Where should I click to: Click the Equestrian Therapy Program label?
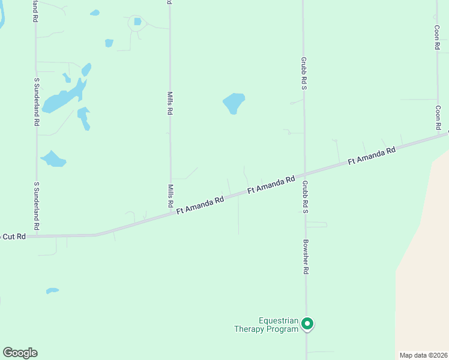(266, 325)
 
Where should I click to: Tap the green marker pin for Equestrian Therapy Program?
(307, 324)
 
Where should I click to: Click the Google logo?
(20, 353)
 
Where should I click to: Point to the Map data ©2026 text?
(423, 355)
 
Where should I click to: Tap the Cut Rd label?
(13, 236)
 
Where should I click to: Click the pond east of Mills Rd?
(234, 103)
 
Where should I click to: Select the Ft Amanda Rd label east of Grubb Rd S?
(372, 157)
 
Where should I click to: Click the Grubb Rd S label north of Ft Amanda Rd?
(304, 74)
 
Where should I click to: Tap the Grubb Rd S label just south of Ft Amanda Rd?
(305, 197)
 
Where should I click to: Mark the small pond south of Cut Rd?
(52, 291)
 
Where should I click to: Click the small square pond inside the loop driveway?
(137, 22)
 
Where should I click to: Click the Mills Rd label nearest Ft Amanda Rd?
(170, 196)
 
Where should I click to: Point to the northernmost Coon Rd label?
(438, 37)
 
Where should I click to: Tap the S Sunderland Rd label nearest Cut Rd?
(37, 206)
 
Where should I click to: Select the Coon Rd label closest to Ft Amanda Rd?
(438, 118)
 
